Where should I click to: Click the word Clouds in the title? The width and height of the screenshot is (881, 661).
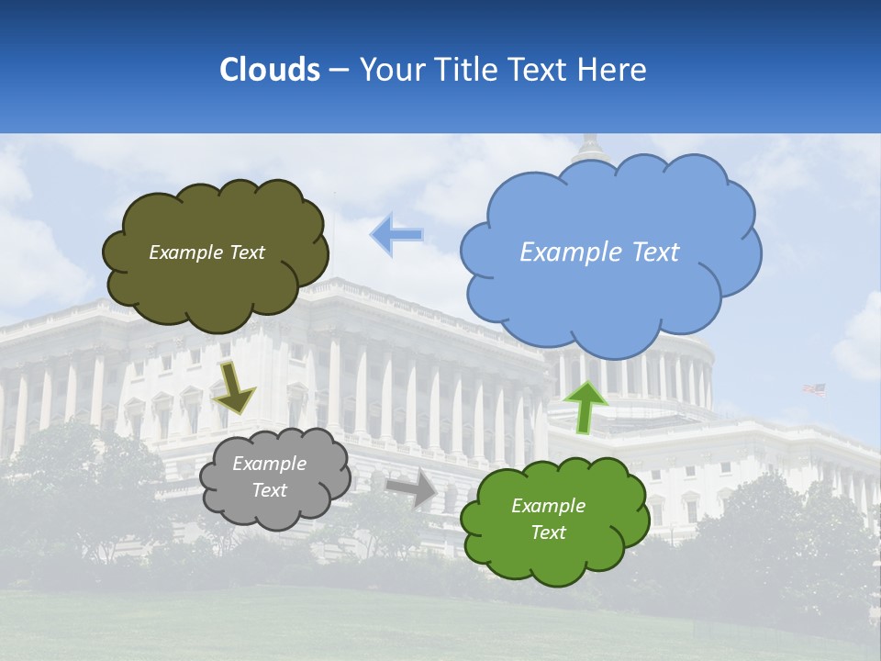point(270,70)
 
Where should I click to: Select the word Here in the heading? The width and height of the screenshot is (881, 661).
point(613,70)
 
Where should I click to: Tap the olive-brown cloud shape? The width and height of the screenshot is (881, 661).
point(216,285)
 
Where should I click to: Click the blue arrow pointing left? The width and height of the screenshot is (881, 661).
point(396,235)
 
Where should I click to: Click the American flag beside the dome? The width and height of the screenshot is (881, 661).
point(814,389)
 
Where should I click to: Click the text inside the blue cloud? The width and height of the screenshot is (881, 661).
point(599,252)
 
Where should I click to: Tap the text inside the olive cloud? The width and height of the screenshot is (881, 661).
point(206,252)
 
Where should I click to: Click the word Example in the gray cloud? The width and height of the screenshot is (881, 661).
point(269,464)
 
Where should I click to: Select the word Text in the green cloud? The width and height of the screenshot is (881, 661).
point(548,532)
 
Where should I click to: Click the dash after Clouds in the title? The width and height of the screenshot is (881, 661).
point(338,71)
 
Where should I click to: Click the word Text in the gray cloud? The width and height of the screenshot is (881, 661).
point(269,490)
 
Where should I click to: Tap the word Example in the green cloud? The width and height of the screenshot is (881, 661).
point(548,506)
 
